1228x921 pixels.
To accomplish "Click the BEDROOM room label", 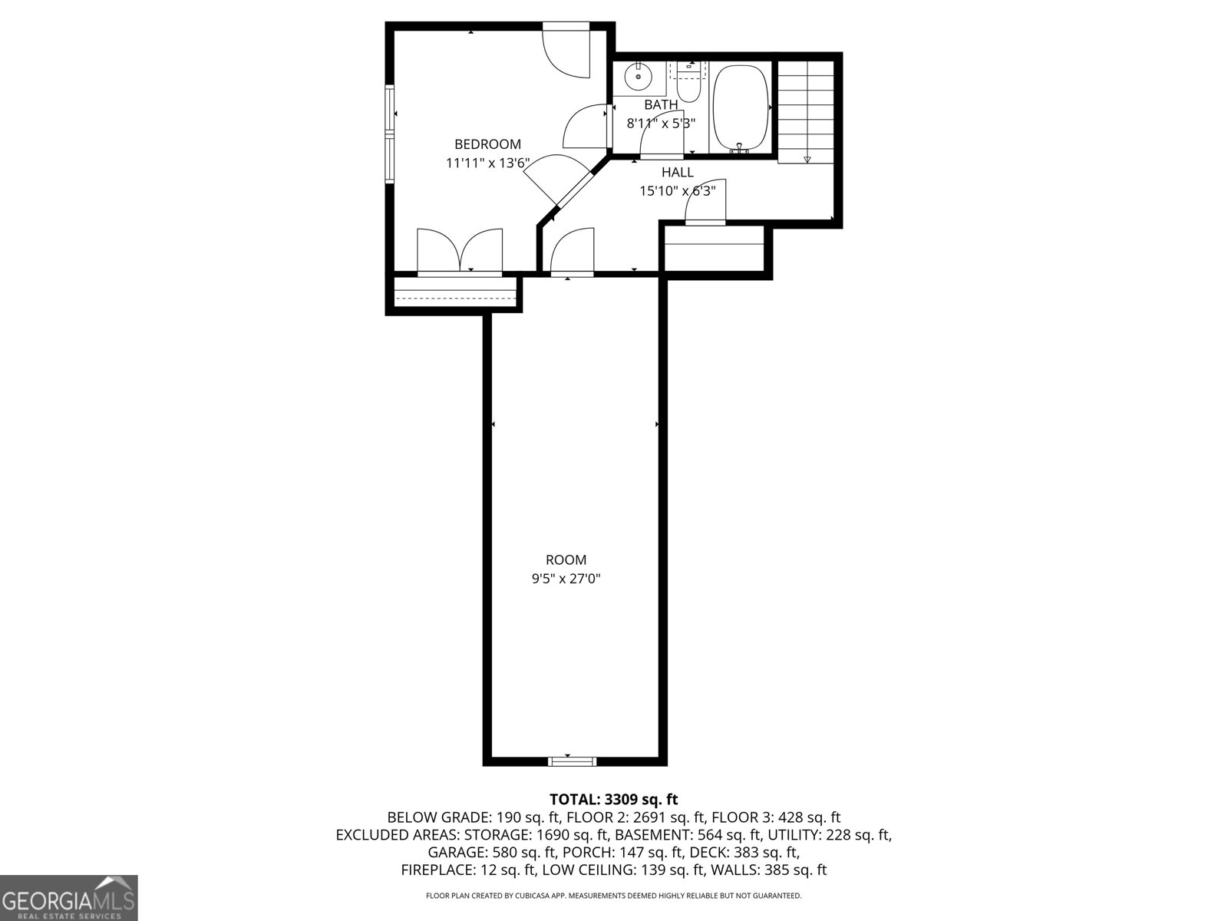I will click(x=487, y=144).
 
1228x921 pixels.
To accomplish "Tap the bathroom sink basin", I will click(x=638, y=77).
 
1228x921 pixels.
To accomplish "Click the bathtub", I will click(x=741, y=107).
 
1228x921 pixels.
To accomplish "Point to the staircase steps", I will click(x=806, y=111).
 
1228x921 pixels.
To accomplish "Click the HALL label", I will click(x=677, y=173).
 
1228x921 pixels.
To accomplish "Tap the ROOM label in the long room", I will click(x=566, y=560).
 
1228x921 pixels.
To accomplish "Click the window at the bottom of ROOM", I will click(x=573, y=761).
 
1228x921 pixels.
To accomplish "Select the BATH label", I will click(x=661, y=104).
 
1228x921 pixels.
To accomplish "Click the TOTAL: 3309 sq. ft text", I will click(x=613, y=800).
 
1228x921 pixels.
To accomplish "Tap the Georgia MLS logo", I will click(x=68, y=898).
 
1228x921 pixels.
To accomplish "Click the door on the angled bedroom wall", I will click(x=558, y=183).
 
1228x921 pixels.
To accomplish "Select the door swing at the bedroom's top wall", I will click(x=566, y=51).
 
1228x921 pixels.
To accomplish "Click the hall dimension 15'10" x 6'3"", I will click(x=677, y=191).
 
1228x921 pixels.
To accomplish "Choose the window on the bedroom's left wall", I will click(x=390, y=134).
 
